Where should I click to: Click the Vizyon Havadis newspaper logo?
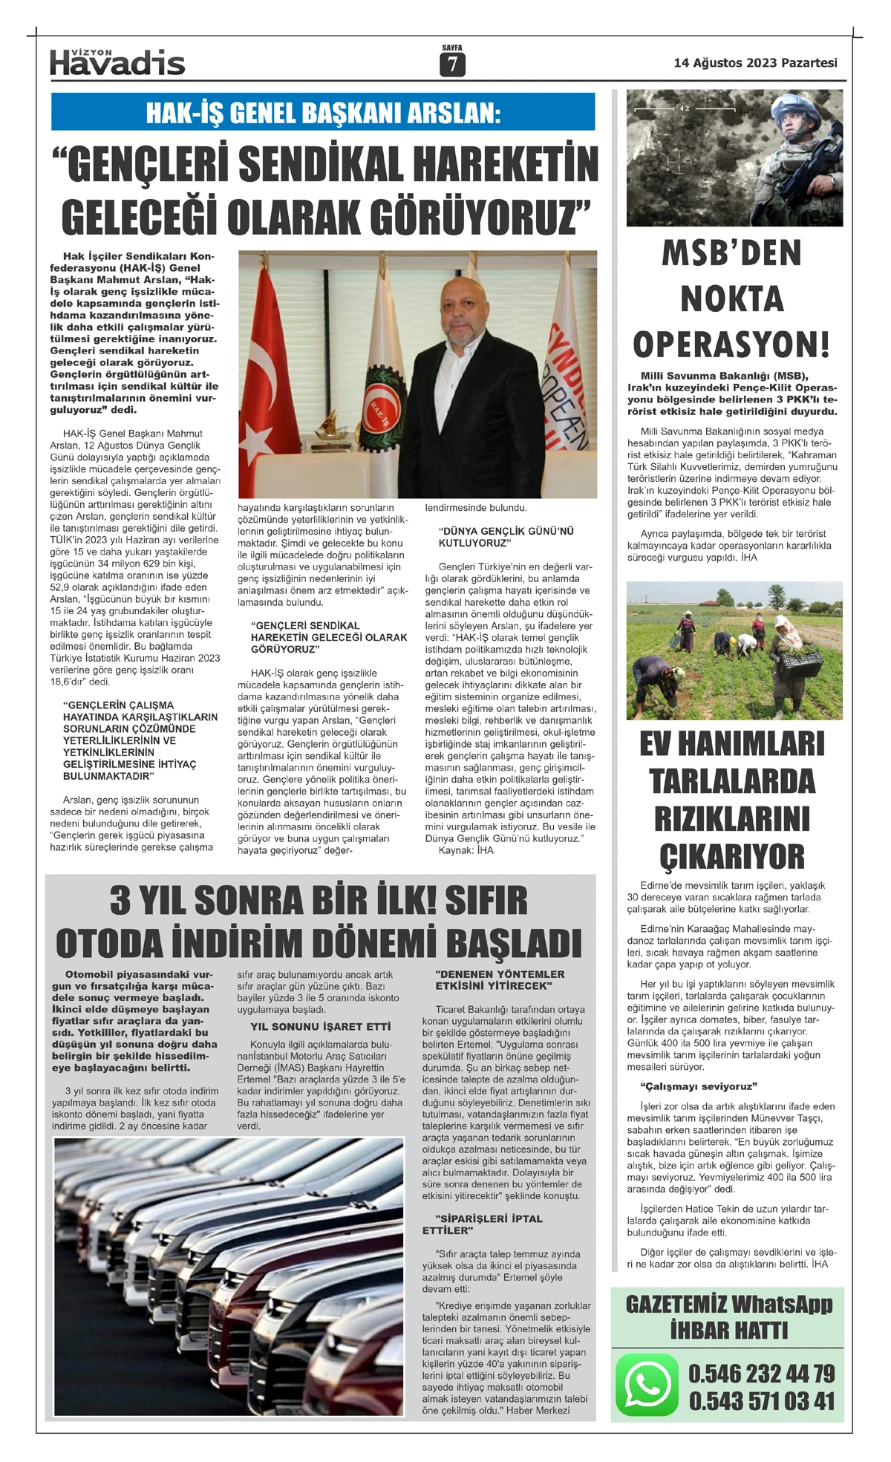pos(117,63)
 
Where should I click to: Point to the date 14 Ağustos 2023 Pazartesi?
pos(755,63)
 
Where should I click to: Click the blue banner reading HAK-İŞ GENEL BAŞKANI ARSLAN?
pos(323,112)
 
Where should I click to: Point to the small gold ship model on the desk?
pos(327,425)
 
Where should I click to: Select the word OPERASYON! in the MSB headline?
pos(731,345)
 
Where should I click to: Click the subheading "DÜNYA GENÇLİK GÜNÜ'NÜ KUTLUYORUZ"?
pos(506,537)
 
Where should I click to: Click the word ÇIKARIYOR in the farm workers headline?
pos(732,856)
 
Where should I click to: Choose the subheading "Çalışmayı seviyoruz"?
pos(698,1086)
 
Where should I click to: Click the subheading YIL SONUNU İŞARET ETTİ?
pos(320,1026)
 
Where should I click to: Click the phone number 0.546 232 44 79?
pos(762,1373)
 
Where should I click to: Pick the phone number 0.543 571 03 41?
pos(762,1401)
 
